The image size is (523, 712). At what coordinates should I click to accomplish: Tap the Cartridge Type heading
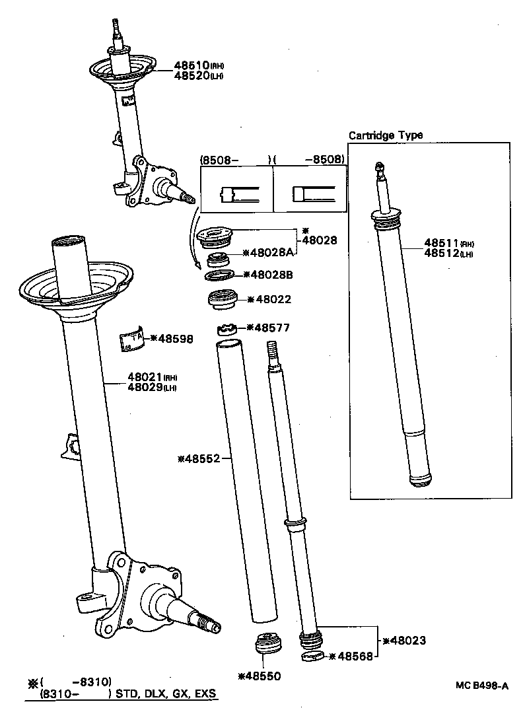pos(386,135)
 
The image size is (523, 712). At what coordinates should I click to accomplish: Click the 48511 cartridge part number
pos(439,242)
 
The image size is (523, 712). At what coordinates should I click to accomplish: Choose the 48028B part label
pos(271,274)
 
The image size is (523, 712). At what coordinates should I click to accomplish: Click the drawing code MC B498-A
pos(481,686)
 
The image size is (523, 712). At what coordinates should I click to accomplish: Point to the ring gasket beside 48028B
pos(219,275)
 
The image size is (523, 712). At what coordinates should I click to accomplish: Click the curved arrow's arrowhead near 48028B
pos(197,266)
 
